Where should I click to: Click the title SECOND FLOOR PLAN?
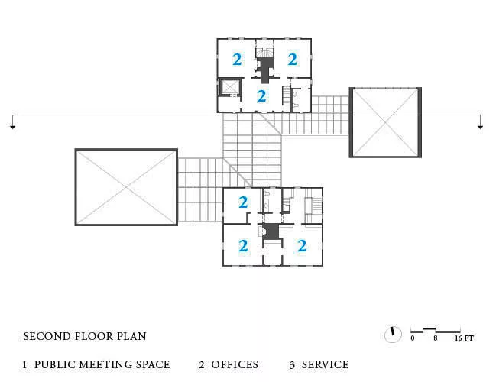[85, 336]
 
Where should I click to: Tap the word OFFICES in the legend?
[235, 364]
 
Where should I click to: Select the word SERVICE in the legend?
[325, 364]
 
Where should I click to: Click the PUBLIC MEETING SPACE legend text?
[102, 364]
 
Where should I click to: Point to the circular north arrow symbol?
[393, 335]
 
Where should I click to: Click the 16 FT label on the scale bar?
[464, 338]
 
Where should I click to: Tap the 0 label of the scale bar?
[413, 338]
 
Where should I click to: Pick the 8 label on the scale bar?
[436, 338]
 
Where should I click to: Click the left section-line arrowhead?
[13, 127]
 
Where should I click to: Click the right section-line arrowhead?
[481, 127]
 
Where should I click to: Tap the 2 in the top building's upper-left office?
[237, 59]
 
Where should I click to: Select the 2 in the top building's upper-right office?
[292, 59]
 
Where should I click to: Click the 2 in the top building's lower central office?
[261, 96]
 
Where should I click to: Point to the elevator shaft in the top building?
[230, 87]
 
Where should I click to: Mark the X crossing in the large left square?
[126, 187]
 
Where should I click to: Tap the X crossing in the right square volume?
[385, 122]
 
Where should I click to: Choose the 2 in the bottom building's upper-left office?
[243, 202]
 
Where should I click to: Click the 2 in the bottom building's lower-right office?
[302, 246]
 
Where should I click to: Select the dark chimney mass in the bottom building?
[271, 231]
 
